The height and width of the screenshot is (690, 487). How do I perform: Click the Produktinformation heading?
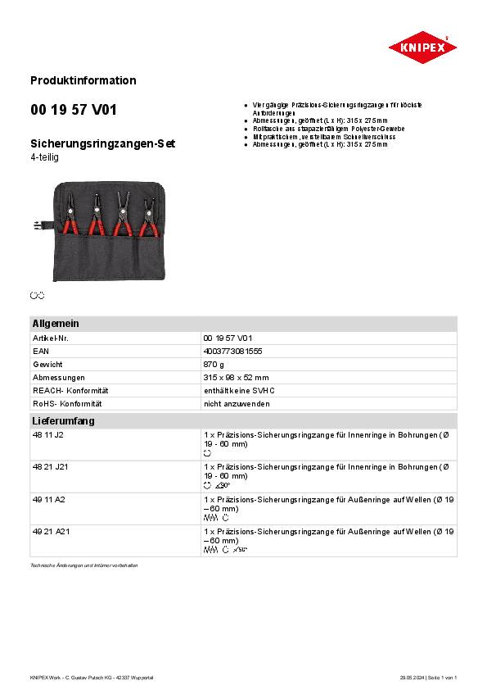coord(83,80)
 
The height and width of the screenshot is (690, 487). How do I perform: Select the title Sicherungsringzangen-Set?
coord(102,143)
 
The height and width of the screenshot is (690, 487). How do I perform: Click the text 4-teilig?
coord(44,157)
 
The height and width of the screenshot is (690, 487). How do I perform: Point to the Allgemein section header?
coord(55,324)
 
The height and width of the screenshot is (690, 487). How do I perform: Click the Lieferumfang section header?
coord(63,421)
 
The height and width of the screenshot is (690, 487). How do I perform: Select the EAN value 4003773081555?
coord(233,351)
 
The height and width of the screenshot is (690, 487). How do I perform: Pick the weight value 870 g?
coord(214,364)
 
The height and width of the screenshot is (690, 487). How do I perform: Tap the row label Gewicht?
coord(47,364)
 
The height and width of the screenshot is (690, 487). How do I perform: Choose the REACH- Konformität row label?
coord(70,390)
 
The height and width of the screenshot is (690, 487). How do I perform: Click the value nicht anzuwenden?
coord(237,403)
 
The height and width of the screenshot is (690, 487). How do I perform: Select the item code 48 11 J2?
coord(47,435)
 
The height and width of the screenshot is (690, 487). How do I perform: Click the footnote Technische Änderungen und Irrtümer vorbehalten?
coord(84,565)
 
